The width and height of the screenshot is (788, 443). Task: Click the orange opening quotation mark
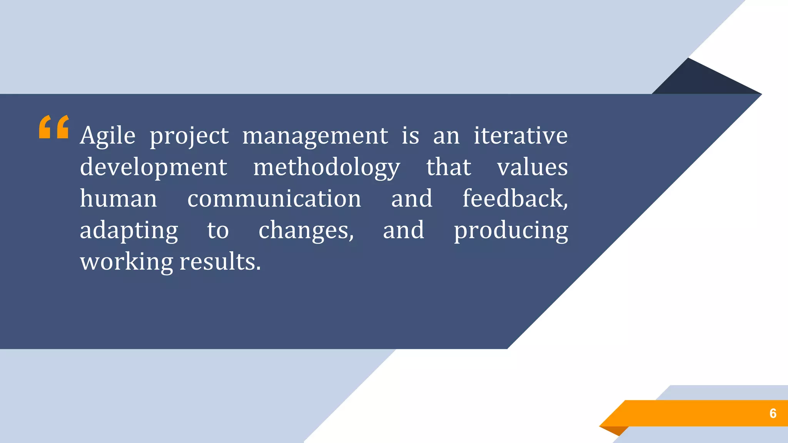(54, 127)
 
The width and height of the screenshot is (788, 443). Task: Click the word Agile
(108, 135)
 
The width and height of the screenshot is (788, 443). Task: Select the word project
(189, 136)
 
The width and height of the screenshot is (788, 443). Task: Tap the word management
(315, 136)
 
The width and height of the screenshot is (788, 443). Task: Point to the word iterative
(521, 135)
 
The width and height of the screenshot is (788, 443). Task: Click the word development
(154, 168)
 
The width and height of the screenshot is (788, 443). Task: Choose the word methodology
(326, 168)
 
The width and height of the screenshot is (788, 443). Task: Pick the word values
(532, 167)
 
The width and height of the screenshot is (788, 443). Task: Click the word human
(119, 199)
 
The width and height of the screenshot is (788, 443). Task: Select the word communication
(274, 199)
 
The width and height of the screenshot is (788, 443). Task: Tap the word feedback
(514, 198)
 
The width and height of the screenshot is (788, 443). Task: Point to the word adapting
(129, 231)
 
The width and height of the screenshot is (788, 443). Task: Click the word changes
(306, 230)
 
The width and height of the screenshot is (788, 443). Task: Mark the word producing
(511, 231)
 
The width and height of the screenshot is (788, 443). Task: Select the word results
(220, 262)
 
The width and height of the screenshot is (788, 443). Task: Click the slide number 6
(773, 413)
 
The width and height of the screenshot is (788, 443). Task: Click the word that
(448, 167)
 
